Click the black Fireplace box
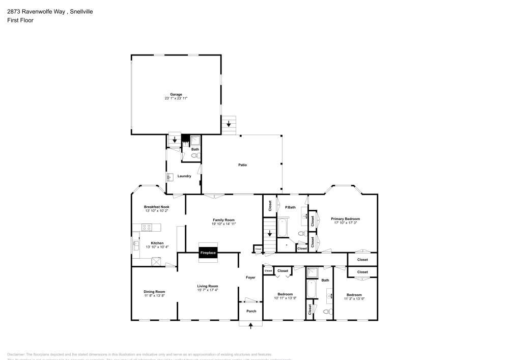click(x=208, y=253)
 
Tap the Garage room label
click(x=176, y=94)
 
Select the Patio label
click(x=243, y=164)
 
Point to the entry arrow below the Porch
click(x=251, y=326)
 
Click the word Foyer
click(x=250, y=278)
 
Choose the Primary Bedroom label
click(x=346, y=218)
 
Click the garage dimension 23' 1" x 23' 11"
click(x=176, y=99)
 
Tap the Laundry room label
click(x=184, y=176)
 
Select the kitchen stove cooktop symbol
click(x=146, y=227)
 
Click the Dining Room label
click(x=154, y=291)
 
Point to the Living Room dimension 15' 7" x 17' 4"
click(x=208, y=290)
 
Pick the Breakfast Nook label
click(x=156, y=206)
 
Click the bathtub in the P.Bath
click(x=282, y=227)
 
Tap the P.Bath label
click(x=290, y=207)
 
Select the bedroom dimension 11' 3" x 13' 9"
click(x=354, y=298)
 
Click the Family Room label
click(x=224, y=219)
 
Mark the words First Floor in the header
click(x=20, y=20)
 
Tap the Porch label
click(x=251, y=311)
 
